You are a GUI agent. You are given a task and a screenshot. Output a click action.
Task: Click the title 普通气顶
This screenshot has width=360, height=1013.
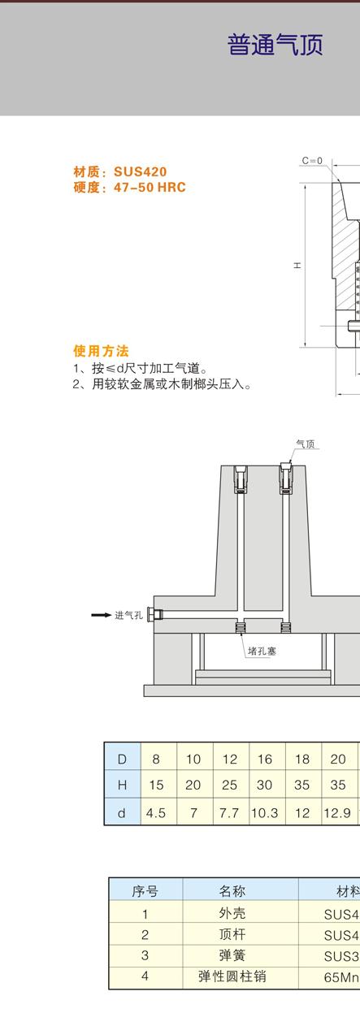pos(275,45)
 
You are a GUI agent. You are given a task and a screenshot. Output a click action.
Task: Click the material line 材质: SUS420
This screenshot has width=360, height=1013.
pos(119,172)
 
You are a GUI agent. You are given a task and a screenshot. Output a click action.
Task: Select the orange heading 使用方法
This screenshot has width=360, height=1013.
pos(101,351)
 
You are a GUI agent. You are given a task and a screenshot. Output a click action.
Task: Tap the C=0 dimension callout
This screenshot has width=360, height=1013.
pos(312,161)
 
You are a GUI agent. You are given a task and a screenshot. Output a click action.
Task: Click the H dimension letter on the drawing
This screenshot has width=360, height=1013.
pos(297,266)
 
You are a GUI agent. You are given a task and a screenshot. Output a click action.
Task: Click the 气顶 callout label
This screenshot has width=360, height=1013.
pos(306,444)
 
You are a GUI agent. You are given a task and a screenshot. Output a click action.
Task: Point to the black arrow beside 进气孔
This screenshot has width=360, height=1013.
pos(102,615)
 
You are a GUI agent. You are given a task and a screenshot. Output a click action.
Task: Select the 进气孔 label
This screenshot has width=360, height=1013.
pos(128,615)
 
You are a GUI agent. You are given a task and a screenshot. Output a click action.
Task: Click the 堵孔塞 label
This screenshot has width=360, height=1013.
pos(262,652)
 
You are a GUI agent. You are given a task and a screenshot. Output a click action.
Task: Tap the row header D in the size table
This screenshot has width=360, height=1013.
pos(122,759)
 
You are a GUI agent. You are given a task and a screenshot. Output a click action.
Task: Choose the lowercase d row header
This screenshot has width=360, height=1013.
pos(122,813)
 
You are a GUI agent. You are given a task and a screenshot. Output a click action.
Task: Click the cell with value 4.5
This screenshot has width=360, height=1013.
pos(156,813)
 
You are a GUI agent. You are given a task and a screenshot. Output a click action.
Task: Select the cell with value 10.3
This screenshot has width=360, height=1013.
pos(265,813)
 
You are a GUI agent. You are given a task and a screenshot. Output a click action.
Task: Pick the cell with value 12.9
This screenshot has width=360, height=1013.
pos(337,813)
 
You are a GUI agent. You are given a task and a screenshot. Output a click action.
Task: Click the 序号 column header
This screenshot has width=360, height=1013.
pos(145,891)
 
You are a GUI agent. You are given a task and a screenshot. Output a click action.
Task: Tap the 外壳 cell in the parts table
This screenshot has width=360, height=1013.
pos(232,913)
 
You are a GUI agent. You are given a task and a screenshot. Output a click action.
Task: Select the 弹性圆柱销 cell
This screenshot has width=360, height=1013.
pos(232,976)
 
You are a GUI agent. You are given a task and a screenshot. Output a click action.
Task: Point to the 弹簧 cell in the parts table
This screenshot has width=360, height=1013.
pos(232,955)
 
